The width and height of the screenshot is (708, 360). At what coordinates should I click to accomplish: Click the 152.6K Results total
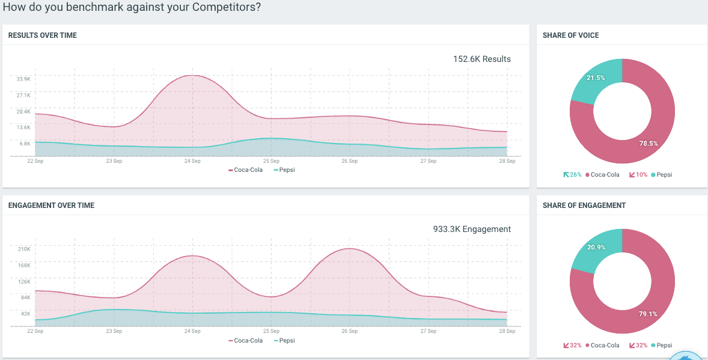pos(481,59)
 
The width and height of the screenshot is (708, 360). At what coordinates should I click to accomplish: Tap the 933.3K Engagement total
pos(472,229)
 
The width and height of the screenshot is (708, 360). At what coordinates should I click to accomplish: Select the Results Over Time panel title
pos(43,35)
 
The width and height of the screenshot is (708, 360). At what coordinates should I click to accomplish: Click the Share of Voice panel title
pos(570,35)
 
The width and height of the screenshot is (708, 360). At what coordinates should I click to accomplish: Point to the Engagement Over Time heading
pos(51,206)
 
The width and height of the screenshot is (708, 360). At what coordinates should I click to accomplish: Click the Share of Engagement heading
pos(584,206)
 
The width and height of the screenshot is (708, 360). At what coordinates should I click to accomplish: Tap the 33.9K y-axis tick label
pos(23,79)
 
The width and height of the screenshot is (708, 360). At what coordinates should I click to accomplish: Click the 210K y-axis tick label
pos(24,249)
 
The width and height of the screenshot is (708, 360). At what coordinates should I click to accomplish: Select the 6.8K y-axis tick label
pos(25,144)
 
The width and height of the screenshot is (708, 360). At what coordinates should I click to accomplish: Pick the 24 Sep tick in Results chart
pos(192,161)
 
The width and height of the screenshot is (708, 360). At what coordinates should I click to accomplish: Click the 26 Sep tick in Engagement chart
pos(349,331)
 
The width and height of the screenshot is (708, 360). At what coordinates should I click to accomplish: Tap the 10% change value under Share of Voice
pos(641,175)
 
